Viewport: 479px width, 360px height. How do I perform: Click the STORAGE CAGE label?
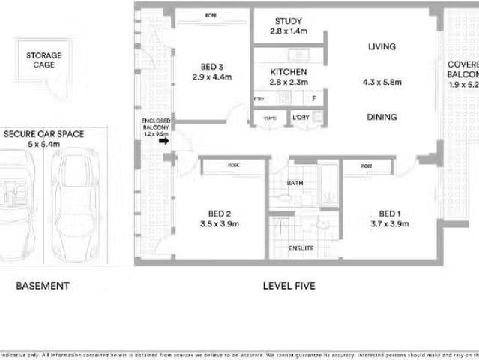pyautogui.click(x=43, y=60)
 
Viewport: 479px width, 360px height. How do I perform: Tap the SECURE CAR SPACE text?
pyautogui.click(x=43, y=134)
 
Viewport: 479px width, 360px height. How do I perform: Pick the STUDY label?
pyautogui.click(x=288, y=21)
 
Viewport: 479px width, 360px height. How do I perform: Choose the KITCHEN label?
pyautogui.click(x=288, y=72)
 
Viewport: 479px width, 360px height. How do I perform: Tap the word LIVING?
pyautogui.click(x=382, y=47)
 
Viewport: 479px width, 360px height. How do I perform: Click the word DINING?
pyautogui.click(x=382, y=117)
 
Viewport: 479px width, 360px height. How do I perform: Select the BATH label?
pyautogui.click(x=295, y=183)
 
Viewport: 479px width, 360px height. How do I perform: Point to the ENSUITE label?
pyautogui.click(x=301, y=248)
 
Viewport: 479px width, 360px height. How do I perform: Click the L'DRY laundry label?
pyautogui.click(x=301, y=117)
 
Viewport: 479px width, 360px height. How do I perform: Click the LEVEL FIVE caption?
pyautogui.click(x=289, y=286)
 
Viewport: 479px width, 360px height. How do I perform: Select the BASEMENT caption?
pyautogui.click(x=43, y=286)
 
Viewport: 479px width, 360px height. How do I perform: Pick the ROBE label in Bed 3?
pyautogui.click(x=213, y=16)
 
